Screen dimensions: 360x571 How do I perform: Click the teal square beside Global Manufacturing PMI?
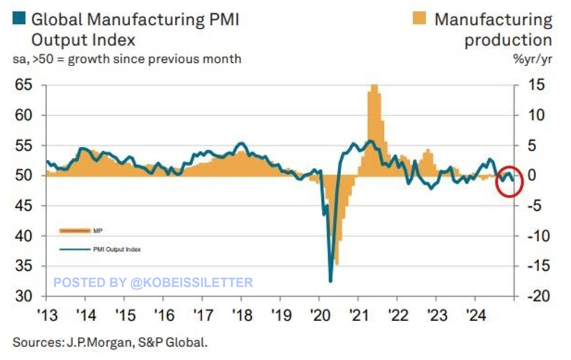pos(20,18)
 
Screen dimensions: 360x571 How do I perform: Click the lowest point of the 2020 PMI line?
pos(330,281)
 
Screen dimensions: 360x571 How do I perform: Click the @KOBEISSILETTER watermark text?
pos(192,283)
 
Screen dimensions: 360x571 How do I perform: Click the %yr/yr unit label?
pos(535,59)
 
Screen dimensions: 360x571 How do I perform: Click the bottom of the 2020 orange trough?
pos(337,264)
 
